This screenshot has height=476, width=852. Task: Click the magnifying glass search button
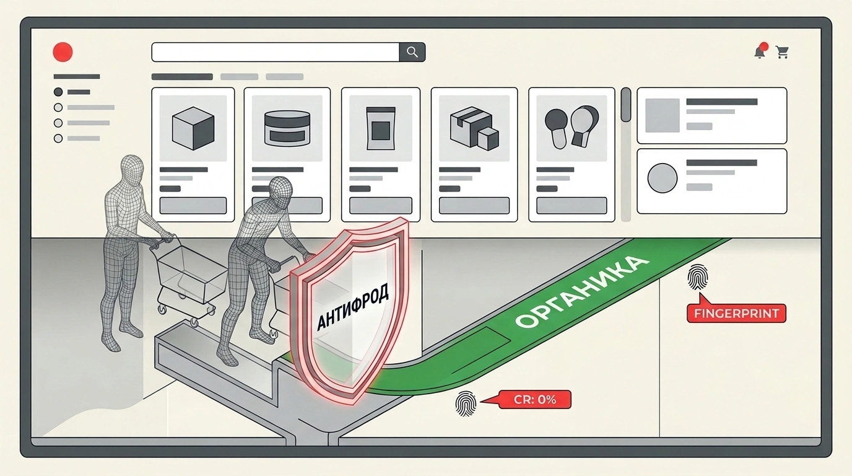(412, 52)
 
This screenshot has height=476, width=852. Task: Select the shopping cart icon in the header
(783, 52)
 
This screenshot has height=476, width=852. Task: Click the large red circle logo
(63, 52)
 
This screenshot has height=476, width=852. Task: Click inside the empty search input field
(276, 52)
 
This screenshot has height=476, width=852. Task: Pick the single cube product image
(193, 128)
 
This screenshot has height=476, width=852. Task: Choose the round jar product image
(287, 128)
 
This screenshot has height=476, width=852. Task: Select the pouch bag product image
(381, 128)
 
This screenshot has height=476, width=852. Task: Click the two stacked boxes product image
(474, 128)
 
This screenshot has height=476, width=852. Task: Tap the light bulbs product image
(572, 127)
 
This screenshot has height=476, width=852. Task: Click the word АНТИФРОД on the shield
(353, 306)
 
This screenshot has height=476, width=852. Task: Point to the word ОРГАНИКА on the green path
(582, 291)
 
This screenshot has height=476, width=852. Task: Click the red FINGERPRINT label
(736, 314)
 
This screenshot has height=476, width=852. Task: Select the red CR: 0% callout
(535, 400)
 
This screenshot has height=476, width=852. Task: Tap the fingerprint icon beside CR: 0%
(466, 403)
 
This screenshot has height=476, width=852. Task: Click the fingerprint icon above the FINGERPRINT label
(698, 277)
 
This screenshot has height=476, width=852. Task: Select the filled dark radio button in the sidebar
(58, 92)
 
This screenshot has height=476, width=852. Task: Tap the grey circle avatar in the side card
(662, 178)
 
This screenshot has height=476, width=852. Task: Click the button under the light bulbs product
(572, 206)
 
